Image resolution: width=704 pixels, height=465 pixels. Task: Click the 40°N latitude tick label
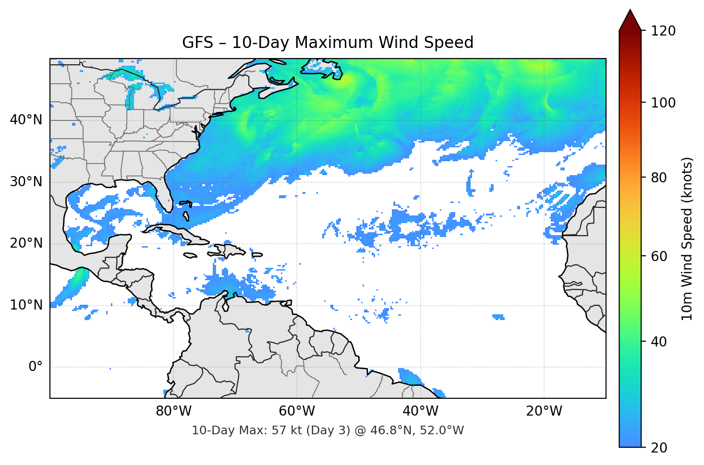[x=26, y=120]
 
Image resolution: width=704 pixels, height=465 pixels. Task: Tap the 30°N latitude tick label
[x=26, y=182]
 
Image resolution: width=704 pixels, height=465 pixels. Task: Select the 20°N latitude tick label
[x=26, y=243]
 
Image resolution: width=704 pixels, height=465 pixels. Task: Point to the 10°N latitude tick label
[x=26, y=305]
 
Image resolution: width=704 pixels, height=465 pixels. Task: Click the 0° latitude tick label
[x=36, y=367]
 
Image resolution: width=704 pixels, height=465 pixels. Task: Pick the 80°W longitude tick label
[x=173, y=411]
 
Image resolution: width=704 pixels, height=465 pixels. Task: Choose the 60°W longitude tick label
[x=297, y=411]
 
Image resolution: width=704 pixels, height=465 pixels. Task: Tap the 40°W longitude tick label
[x=420, y=411]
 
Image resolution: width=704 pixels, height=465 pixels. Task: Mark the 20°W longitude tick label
[x=544, y=411]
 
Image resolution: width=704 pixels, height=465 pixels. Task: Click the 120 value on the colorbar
[x=663, y=31]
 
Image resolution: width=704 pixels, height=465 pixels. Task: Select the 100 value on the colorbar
[x=663, y=103]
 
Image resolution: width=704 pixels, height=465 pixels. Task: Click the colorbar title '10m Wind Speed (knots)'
[x=687, y=238]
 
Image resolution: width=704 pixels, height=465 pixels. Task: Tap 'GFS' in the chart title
[x=197, y=43]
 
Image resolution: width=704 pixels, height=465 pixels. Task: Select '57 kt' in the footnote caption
[x=286, y=430]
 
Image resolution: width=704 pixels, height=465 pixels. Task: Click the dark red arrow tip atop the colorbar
[x=630, y=19]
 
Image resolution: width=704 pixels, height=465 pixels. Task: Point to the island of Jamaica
[x=190, y=256]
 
